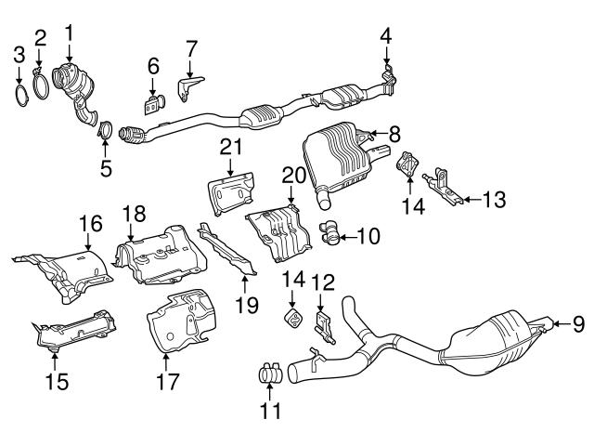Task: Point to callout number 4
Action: pos(385,37)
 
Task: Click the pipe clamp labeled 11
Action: pos(270,374)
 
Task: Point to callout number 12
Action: pos(321,282)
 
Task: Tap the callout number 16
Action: pos(90,223)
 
